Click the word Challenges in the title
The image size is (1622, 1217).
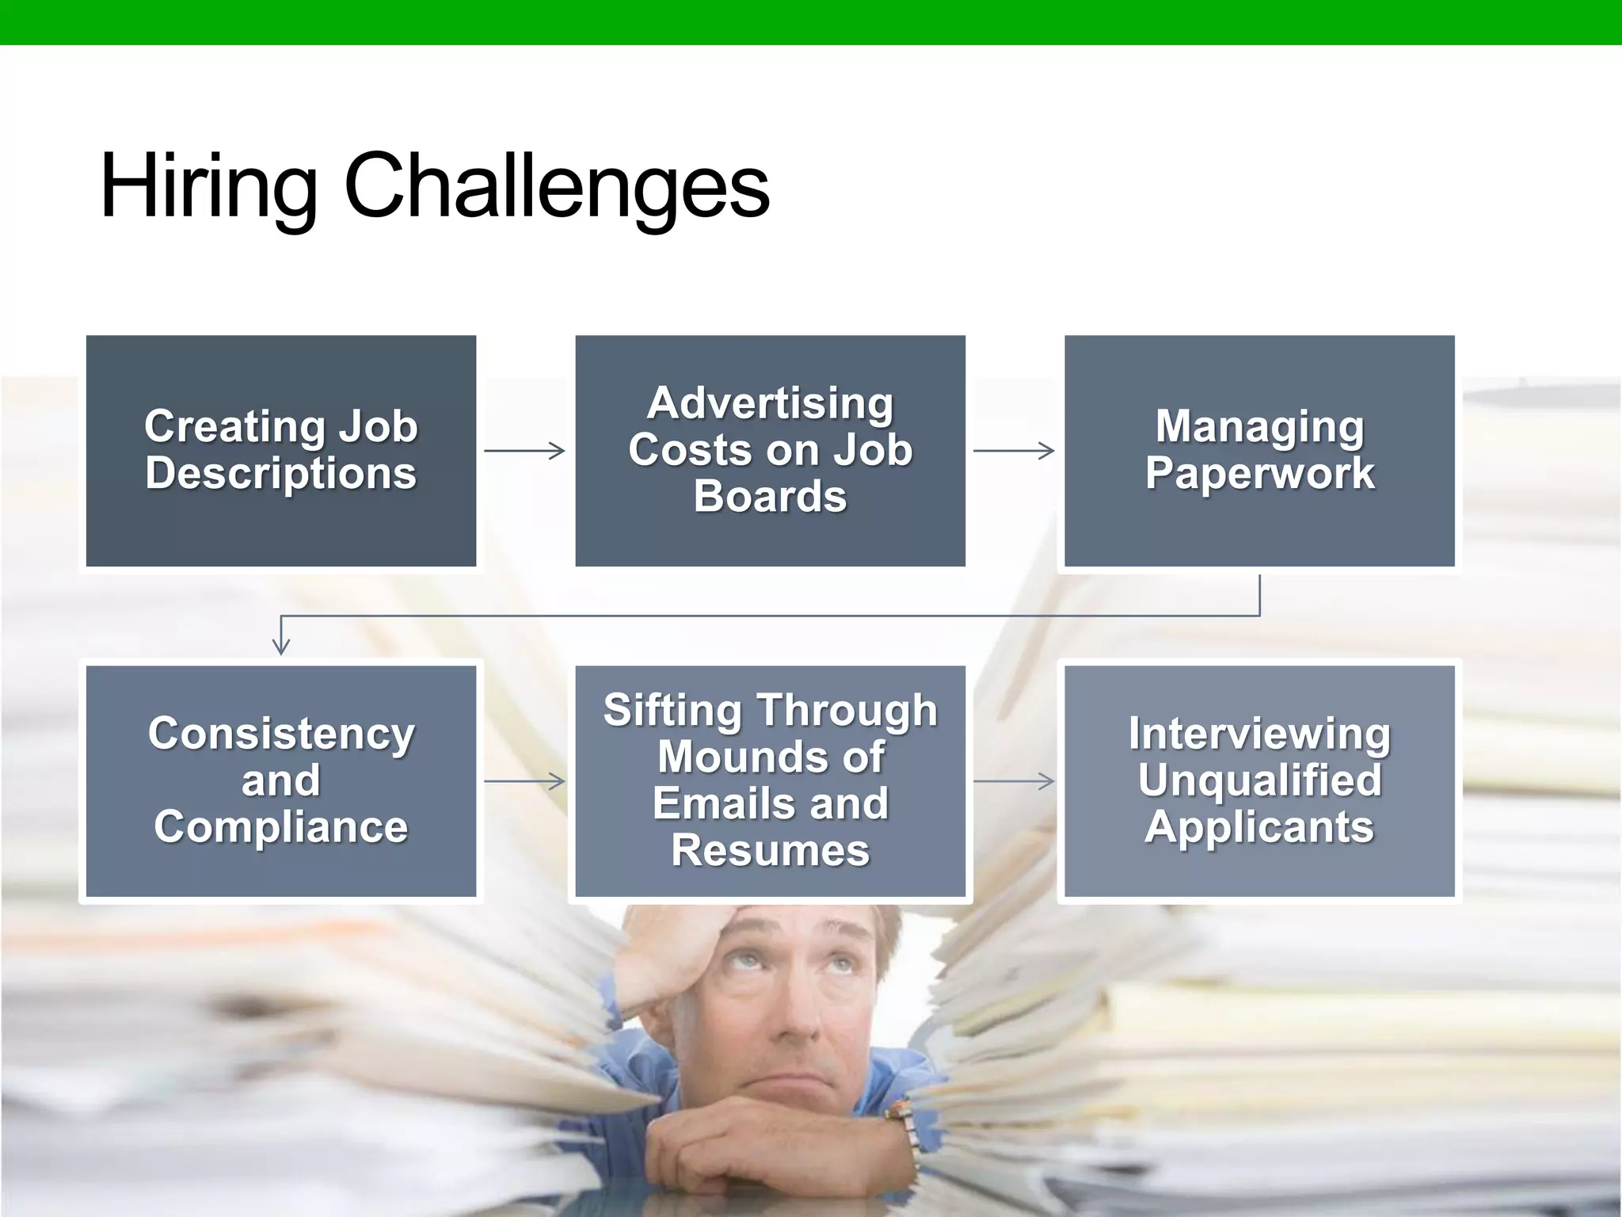click(x=556, y=186)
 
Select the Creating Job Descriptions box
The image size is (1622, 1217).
click(x=281, y=451)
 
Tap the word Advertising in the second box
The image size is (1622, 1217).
click(x=770, y=403)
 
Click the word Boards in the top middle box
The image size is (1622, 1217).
click(x=770, y=497)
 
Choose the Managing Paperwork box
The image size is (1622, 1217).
click(x=1259, y=451)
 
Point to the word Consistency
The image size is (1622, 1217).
click(x=281, y=734)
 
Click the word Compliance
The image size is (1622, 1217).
click(x=281, y=827)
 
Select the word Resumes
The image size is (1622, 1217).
click(x=770, y=851)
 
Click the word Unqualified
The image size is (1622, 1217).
click(x=1259, y=780)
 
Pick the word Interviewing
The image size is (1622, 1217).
click(x=1259, y=734)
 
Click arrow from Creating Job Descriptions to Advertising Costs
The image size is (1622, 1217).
click(x=525, y=451)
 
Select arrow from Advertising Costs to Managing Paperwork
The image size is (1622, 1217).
click(x=1014, y=451)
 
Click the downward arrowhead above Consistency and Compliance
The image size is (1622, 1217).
click(x=281, y=643)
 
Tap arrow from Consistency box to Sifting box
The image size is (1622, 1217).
click(x=525, y=781)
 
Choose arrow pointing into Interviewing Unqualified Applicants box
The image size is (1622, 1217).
click(x=1014, y=781)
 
